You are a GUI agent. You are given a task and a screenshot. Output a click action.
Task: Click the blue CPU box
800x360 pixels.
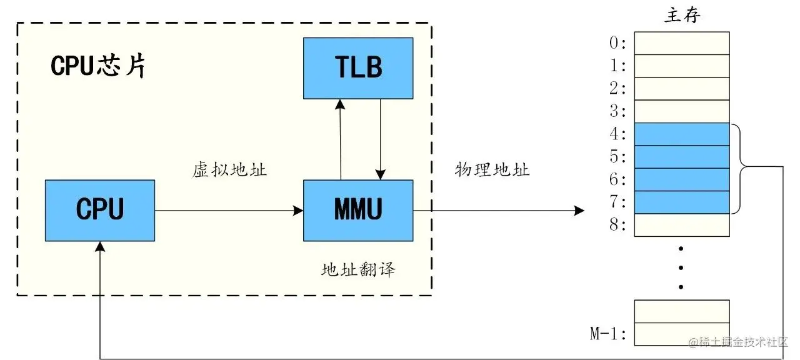click(100, 210)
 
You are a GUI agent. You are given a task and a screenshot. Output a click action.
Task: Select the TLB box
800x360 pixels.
click(357, 67)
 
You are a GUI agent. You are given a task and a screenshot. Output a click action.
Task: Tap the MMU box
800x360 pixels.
click(357, 210)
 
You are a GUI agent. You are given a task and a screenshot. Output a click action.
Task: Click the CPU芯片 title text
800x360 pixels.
click(98, 66)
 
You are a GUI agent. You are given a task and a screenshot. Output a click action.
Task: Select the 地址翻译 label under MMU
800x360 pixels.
click(358, 270)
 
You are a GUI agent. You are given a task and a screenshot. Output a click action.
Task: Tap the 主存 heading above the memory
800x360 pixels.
click(682, 16)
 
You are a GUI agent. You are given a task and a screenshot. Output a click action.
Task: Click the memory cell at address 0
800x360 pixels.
click(682, 43)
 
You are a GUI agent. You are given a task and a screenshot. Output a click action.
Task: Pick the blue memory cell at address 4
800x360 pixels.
click(682, 134)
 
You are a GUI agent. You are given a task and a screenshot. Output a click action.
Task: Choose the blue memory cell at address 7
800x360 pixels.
click(682, 202)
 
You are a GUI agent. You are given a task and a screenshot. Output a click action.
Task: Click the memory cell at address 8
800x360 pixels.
click(682, 225)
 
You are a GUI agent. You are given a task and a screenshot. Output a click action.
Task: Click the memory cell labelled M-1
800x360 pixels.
click(682, 334)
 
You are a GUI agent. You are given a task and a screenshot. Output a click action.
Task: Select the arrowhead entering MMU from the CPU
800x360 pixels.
click(299, 211)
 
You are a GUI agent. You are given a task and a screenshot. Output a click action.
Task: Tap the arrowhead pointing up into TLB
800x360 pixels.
click(341, 104)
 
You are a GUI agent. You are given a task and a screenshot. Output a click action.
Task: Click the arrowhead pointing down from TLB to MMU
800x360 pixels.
click(380, 174)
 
